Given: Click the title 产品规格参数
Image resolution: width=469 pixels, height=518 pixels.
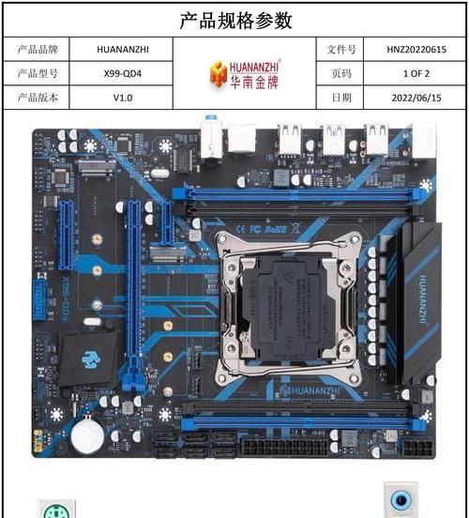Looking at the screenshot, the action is [235, 21].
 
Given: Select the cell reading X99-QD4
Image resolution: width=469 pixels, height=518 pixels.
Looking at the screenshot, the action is [123, 73].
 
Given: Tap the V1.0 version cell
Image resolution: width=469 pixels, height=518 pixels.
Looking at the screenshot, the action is [123, 98].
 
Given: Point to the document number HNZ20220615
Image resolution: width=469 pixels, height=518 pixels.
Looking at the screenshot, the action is [416, 50].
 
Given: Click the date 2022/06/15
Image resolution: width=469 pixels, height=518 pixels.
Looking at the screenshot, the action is [416, 98].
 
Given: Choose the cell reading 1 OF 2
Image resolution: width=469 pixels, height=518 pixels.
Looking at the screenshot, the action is [416, 73].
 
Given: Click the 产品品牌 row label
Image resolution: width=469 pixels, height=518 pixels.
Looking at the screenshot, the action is [38, 50].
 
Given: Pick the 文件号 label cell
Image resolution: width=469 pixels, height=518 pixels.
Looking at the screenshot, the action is [341, 50].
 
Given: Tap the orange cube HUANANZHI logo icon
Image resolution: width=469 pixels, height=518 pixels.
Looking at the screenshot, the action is [219, 74].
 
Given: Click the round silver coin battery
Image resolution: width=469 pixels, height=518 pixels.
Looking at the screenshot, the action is [87, 437].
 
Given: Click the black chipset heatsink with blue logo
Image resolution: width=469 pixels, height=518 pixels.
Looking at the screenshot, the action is [88, 358].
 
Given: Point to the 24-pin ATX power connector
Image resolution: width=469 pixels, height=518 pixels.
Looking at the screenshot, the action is [285, 448].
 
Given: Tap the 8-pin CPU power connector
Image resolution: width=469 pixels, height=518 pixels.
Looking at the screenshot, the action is [417, 448].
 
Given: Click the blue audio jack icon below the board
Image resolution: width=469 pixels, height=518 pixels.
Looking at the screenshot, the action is [401, 500].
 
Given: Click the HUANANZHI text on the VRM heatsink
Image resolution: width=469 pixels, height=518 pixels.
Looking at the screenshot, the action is [423, 299].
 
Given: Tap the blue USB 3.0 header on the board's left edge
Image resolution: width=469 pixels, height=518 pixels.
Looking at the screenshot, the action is [39, 299].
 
